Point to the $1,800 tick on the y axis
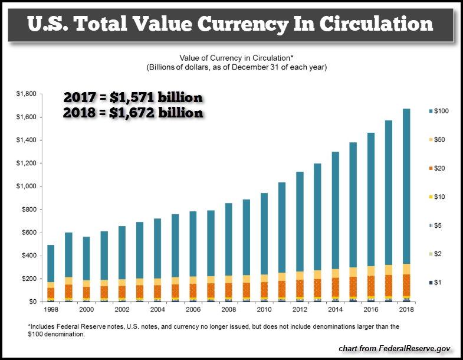click(x=27, y=94)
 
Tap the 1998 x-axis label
click(x=51, y=309)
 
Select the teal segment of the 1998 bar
click(x=51, y=263)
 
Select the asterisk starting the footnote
click(x=29, y=326)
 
